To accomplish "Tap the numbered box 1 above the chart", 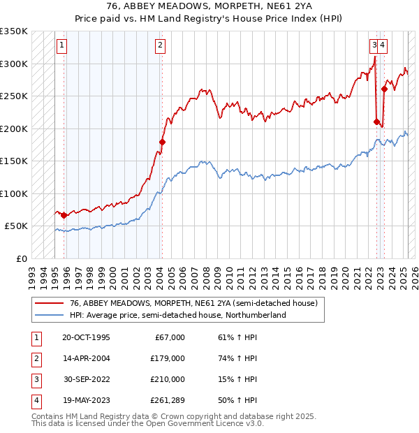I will coord(62,45).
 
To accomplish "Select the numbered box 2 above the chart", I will coord(160,45).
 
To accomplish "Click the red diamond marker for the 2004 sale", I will coord(162,142).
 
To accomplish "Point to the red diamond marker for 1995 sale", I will coord(64,215).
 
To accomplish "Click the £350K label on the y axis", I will coord(14,31).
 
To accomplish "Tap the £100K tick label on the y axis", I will coord(14,193).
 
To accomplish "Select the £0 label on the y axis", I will coord(21,258).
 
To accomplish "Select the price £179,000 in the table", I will coord(168,358).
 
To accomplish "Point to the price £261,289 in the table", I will coord(168,400).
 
